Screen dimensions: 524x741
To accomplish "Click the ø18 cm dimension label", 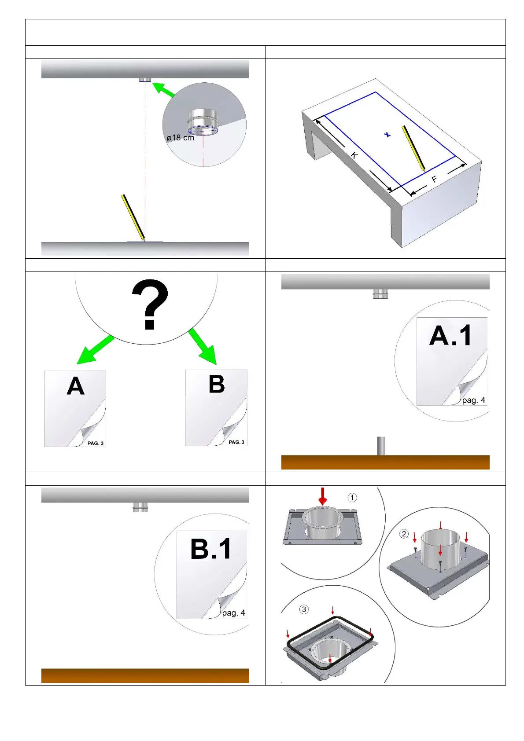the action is [180, 137].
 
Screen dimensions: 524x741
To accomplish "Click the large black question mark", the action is [150, 304].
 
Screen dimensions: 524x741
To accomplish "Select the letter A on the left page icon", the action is [75, 386].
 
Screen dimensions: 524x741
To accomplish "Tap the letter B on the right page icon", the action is [217, 384].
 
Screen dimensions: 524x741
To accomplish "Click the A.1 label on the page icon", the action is [450, 335].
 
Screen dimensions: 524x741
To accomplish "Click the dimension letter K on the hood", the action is [354, 155].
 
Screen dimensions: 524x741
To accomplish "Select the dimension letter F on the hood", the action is [434, 180].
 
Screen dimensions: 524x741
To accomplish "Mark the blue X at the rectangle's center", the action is [387, 135].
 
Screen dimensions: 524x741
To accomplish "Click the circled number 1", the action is [352, 498].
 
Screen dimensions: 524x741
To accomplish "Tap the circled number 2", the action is [403, 534].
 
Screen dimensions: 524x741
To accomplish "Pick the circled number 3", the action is [304, 609].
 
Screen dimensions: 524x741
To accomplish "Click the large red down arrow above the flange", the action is [323, 496].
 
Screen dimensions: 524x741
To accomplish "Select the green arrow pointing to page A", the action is [95, 350].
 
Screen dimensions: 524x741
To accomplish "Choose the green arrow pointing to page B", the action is [203, 347].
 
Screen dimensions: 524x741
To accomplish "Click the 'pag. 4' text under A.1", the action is [474, 400].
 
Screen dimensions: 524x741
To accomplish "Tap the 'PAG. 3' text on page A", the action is [96, 443].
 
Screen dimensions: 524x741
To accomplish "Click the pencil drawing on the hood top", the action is [413, 148].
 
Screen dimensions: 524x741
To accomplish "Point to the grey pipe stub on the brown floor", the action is [381, 446].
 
